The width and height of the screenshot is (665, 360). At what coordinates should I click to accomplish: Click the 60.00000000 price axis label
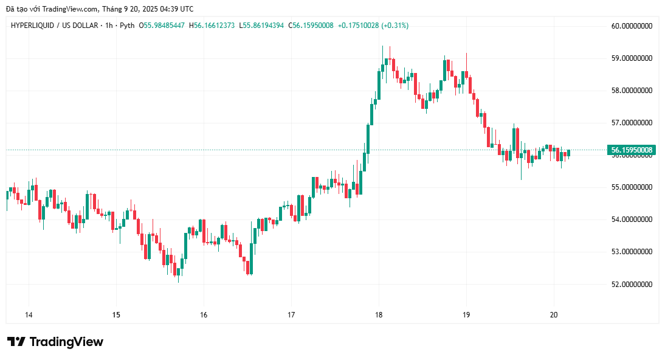[632, 26]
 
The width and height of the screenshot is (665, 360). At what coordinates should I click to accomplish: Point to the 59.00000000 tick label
[632, 58]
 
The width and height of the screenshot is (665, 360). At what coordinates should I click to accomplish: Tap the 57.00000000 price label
[632, 123]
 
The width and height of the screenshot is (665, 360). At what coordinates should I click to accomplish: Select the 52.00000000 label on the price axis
[632, 284]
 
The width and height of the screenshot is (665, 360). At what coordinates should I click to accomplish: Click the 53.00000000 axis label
[632, 252]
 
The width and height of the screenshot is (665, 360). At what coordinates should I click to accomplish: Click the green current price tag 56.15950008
[632, 150]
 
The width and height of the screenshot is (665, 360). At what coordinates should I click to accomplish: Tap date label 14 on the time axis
[29, 315]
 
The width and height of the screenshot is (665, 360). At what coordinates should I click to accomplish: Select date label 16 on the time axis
[204, 315]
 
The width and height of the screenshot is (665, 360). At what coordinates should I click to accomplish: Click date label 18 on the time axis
[379, 315]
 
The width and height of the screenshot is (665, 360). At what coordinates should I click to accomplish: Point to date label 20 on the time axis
[554, 315]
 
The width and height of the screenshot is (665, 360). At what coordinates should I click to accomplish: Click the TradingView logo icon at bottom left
[16, 342]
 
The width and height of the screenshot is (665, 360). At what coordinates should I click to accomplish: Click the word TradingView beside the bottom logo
[66, 342]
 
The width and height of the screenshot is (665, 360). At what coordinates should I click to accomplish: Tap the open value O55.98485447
[162, 26]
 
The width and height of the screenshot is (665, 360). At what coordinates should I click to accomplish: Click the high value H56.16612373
[212, 26]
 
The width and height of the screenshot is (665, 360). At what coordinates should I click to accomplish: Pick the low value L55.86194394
[261, 26]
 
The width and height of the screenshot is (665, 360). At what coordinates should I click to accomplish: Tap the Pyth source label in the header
[126, 26]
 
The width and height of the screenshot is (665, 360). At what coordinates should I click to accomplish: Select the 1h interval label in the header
[108, 26]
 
